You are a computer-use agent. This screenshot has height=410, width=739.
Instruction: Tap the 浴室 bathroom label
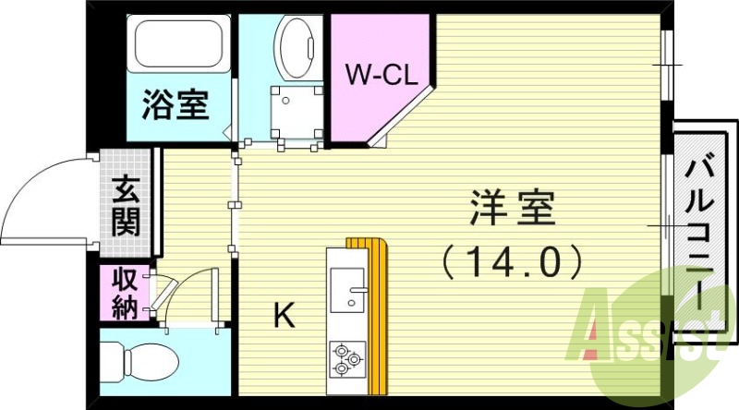pos(175,104)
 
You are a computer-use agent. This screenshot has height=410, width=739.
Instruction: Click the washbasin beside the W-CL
pos(297,46)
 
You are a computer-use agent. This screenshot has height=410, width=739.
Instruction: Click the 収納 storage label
pos(124,293)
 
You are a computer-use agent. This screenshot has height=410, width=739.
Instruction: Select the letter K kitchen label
pos(284,317)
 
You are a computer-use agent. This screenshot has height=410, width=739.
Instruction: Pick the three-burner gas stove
pos(347,359)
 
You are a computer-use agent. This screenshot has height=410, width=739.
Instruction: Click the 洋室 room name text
pos(512,209)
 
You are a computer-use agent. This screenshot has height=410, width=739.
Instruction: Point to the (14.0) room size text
pos(512,261)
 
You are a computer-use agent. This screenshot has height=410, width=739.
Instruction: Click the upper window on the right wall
pos(666,65)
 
